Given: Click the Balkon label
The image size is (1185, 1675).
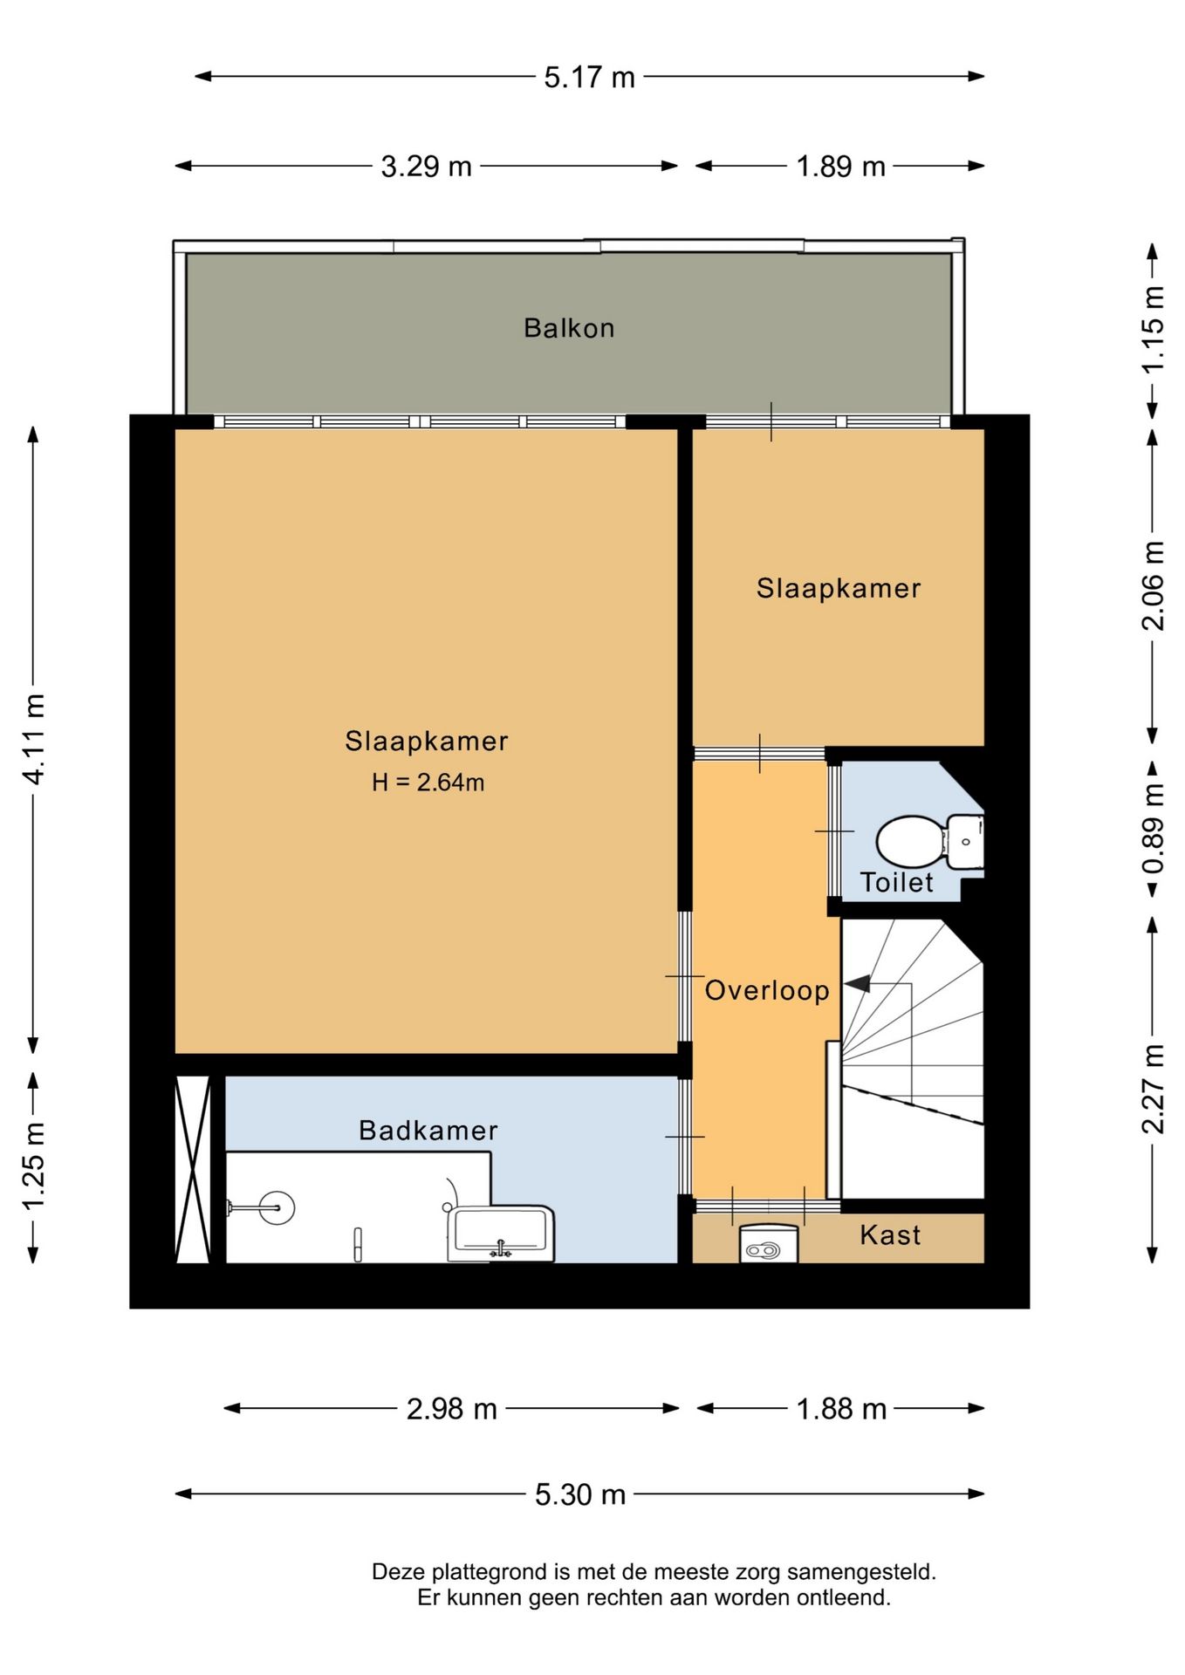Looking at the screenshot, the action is coord(569,328).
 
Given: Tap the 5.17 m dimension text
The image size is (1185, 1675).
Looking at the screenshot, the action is coord(589,77).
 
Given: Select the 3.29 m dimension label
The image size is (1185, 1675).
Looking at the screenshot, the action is coord(426,166).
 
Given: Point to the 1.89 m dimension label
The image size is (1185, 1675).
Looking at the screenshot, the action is coord(840,166).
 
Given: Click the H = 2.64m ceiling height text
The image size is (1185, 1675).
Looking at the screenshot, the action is coord(428,782).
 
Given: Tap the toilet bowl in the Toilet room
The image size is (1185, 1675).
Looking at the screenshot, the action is coord(909,842).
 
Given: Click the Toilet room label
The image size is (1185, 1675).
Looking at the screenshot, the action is coord(897,882).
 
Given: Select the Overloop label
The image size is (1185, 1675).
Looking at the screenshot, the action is coord(767,990).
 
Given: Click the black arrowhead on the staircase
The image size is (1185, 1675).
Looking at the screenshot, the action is coord(857,983).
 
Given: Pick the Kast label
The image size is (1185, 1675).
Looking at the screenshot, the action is coord(890,1234).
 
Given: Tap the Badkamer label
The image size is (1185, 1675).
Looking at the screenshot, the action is coord(428,1131).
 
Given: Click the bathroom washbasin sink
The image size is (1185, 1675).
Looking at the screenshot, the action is coord(501,1234).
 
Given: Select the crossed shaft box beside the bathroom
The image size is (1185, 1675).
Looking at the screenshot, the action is coord(193,1169).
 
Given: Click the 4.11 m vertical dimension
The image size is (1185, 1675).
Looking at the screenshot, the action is coord(34,739).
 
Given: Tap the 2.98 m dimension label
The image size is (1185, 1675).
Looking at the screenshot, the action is coord(451,1408).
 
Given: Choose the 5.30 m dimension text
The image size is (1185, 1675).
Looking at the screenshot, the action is coord(580,1494).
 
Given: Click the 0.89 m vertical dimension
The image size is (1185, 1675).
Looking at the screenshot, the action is coord(1153,829).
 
